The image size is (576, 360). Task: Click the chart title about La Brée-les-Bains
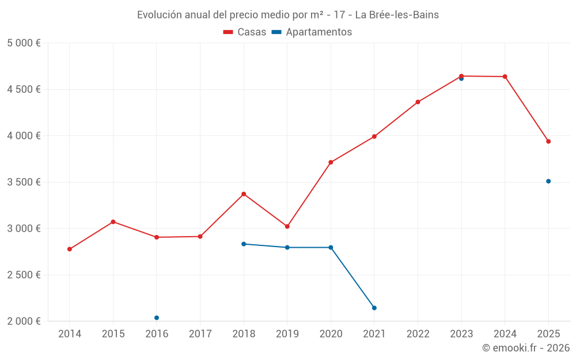click(x=287, y=15)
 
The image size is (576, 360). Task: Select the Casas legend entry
click(x=245, y=32)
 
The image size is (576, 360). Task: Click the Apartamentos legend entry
click(x=312, y=32)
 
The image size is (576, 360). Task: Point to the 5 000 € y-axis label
click(x=24, y=43)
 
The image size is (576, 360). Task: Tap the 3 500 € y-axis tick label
click(x=24, y=182)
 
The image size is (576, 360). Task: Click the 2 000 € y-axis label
click(x=24, y=321)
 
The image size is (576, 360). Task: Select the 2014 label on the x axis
click(x=70, y=334)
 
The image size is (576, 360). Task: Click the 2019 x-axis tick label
click(x=287, y=334)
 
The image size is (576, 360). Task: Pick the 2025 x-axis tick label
click(x=548, y=334)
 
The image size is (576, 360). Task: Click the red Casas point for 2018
click(x=244, y=194)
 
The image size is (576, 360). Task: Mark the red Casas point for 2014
click(x=70, y=249)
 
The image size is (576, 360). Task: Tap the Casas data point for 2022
click(x=418, y=102)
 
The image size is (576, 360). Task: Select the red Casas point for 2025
click(x=548, y=142)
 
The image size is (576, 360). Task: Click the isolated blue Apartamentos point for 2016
click(x=157, y=318)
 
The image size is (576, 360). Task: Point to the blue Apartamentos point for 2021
click(x=374, y=308)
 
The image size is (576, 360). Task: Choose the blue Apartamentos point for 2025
click(x=548, y=181)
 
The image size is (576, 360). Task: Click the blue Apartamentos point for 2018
click(x=244, y=244)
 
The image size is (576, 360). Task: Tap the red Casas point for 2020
click(x=331, y=162)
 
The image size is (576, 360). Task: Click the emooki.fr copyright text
click(x=525, y=348)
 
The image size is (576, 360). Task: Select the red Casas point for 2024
click(x=505, y=77)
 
